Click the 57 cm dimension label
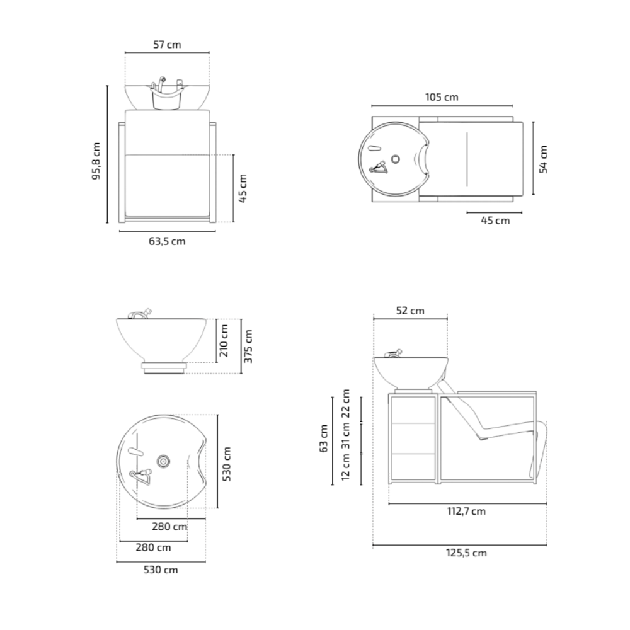[x=167, y=45]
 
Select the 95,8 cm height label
[x=96, y=161]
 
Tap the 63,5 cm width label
[x=167, y=241]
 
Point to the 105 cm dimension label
[x=442, y=97]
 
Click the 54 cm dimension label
[x=543, y=159]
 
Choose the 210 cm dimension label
[x=224, y=341]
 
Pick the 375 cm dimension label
[x=248, y=346]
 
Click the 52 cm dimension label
[x=410, y=311]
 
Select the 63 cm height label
[x=324, y=438]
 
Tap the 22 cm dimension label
[x=345, y=403]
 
